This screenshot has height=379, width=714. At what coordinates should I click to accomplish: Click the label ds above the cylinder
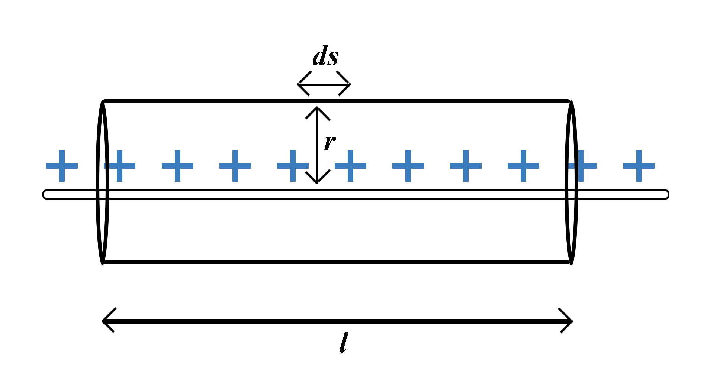pos(325,56)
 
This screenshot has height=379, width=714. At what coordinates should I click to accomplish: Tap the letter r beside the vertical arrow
pos(329,142)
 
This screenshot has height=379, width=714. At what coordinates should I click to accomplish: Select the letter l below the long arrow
pos(344,342)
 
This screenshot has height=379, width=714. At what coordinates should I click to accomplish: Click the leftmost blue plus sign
pos(62,166)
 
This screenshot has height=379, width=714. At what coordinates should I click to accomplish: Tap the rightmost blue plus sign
pos(639,166)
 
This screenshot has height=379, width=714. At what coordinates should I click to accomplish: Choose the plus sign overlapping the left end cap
pos(120,166)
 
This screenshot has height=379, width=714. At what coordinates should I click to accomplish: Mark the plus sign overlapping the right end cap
pos(581,166)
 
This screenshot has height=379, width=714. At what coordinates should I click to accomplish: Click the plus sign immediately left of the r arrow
pos(293,166)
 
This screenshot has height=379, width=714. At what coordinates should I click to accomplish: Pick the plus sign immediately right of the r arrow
pos(350,166)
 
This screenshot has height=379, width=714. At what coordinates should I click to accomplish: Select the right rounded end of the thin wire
pos(667,194)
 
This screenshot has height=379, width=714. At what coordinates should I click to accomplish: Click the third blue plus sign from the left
pos(177,166)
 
